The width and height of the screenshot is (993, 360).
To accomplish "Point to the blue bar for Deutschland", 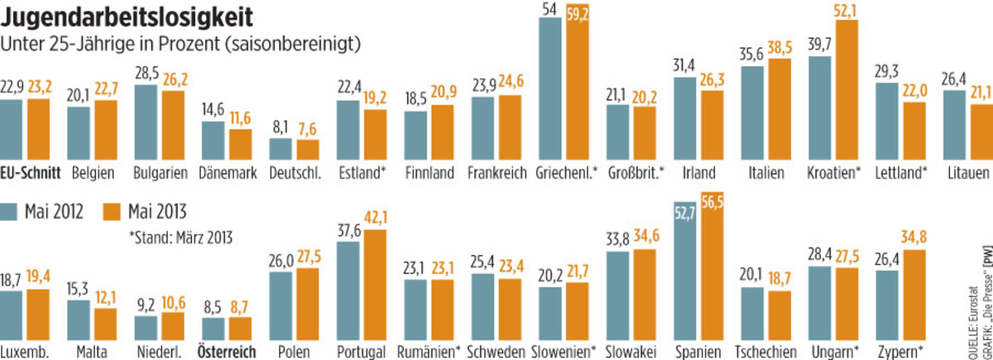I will point(281,149).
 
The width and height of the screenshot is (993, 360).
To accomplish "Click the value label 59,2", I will point(576,12).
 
